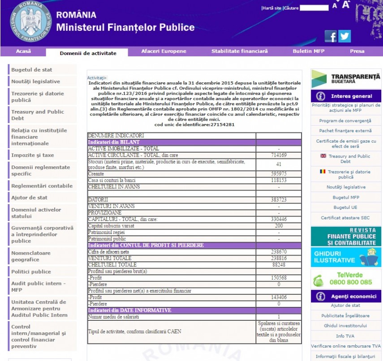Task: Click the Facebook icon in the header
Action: tap(331, 36)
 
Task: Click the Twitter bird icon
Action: tap(344, 36)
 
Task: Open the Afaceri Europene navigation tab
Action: tap(164, 51)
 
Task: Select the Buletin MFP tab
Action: tap(308, 51)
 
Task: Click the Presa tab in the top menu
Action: tap(357, 51)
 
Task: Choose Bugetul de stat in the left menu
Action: tap(31, 70)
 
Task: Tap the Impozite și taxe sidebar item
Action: tap(32, 155)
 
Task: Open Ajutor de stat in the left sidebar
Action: tap(29, 198)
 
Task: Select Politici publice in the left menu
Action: tap(31, 272)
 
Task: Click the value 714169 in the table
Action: tap(279, 155)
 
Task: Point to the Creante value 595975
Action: tap(279, 174)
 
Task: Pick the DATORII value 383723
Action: tap(279, 199)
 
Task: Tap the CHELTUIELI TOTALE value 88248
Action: tap(279, 265)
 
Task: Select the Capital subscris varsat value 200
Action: tap(279, 226)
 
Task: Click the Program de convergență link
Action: tap(345, 121)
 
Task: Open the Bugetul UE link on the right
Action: tap(345, 208)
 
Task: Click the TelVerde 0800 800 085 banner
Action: tap(346, 279)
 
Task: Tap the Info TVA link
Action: tap(345, 336)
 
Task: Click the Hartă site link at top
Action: tap(271, 8)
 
